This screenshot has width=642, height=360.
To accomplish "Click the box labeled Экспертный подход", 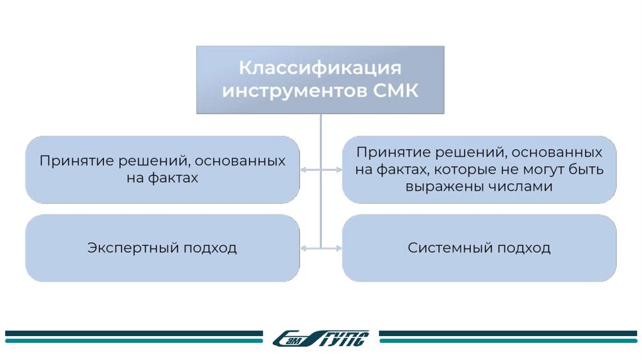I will [162, 248].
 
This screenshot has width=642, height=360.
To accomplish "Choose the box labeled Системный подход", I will [479, 248].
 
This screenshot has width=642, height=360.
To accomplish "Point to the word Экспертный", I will [133, 248].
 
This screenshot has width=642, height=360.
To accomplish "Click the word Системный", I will [451, 248].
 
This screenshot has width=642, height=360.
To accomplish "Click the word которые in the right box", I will [465, 169].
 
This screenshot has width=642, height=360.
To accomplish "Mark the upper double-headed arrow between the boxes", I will [320, 169].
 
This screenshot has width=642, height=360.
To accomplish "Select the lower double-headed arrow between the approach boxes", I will [320, 249].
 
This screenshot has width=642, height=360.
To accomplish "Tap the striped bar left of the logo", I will [134, 337].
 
